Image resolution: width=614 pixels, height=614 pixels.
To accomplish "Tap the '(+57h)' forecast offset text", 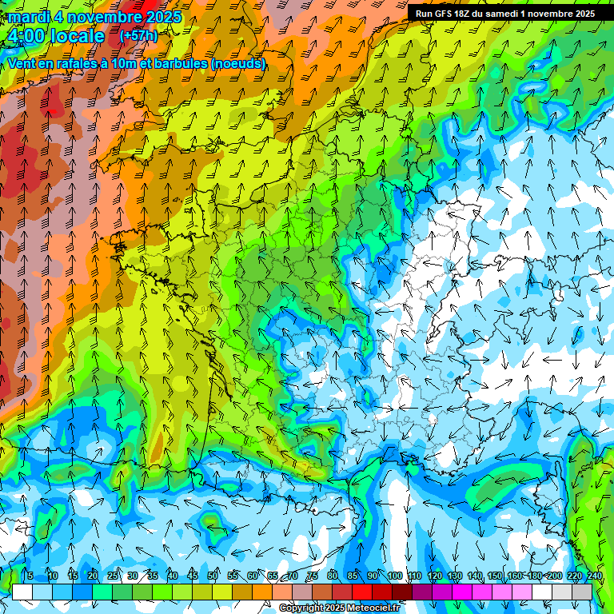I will click(138, 36).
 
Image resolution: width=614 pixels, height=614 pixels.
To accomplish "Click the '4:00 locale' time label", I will click(54, 37).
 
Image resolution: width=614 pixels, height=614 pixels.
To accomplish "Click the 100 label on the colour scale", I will click(394, 576).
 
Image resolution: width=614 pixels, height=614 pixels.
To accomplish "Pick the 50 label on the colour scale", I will click(213, 576).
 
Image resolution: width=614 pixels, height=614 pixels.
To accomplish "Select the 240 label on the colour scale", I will click(594, 576).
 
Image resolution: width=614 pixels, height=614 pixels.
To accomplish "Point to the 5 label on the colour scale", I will click(30, 576).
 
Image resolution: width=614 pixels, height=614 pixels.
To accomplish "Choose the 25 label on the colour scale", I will click(113, 576).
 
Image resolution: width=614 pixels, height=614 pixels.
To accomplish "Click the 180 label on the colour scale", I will click(534, 576).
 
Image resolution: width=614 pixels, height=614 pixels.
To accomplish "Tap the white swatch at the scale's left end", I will click(22, 592).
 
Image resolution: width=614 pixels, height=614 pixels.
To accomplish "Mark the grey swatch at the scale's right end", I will click(582, 592).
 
